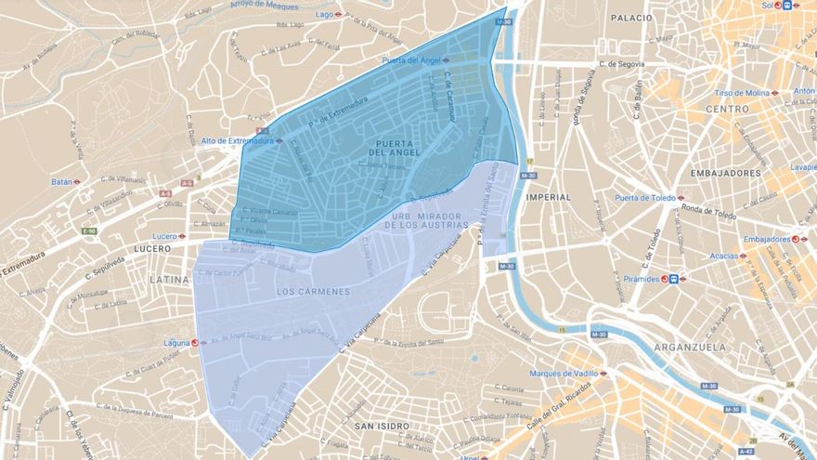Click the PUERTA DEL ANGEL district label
click(x=401, y=147)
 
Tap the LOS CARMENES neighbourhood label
click(x=313, y=291)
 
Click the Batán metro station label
click(x=62, y=181)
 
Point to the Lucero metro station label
click(x=164, y=236)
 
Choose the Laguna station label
click(x=176, y=342)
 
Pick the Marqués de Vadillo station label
click(x=562, y=374)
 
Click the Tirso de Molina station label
click(x=742, y=93)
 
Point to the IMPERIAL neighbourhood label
click(x=548, y=197)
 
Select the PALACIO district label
click(x=631, y=18)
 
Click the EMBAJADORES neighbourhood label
click(x=726, y=173)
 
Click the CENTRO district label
click(x=727, y=109)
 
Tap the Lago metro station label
click(x=325, y=15)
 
